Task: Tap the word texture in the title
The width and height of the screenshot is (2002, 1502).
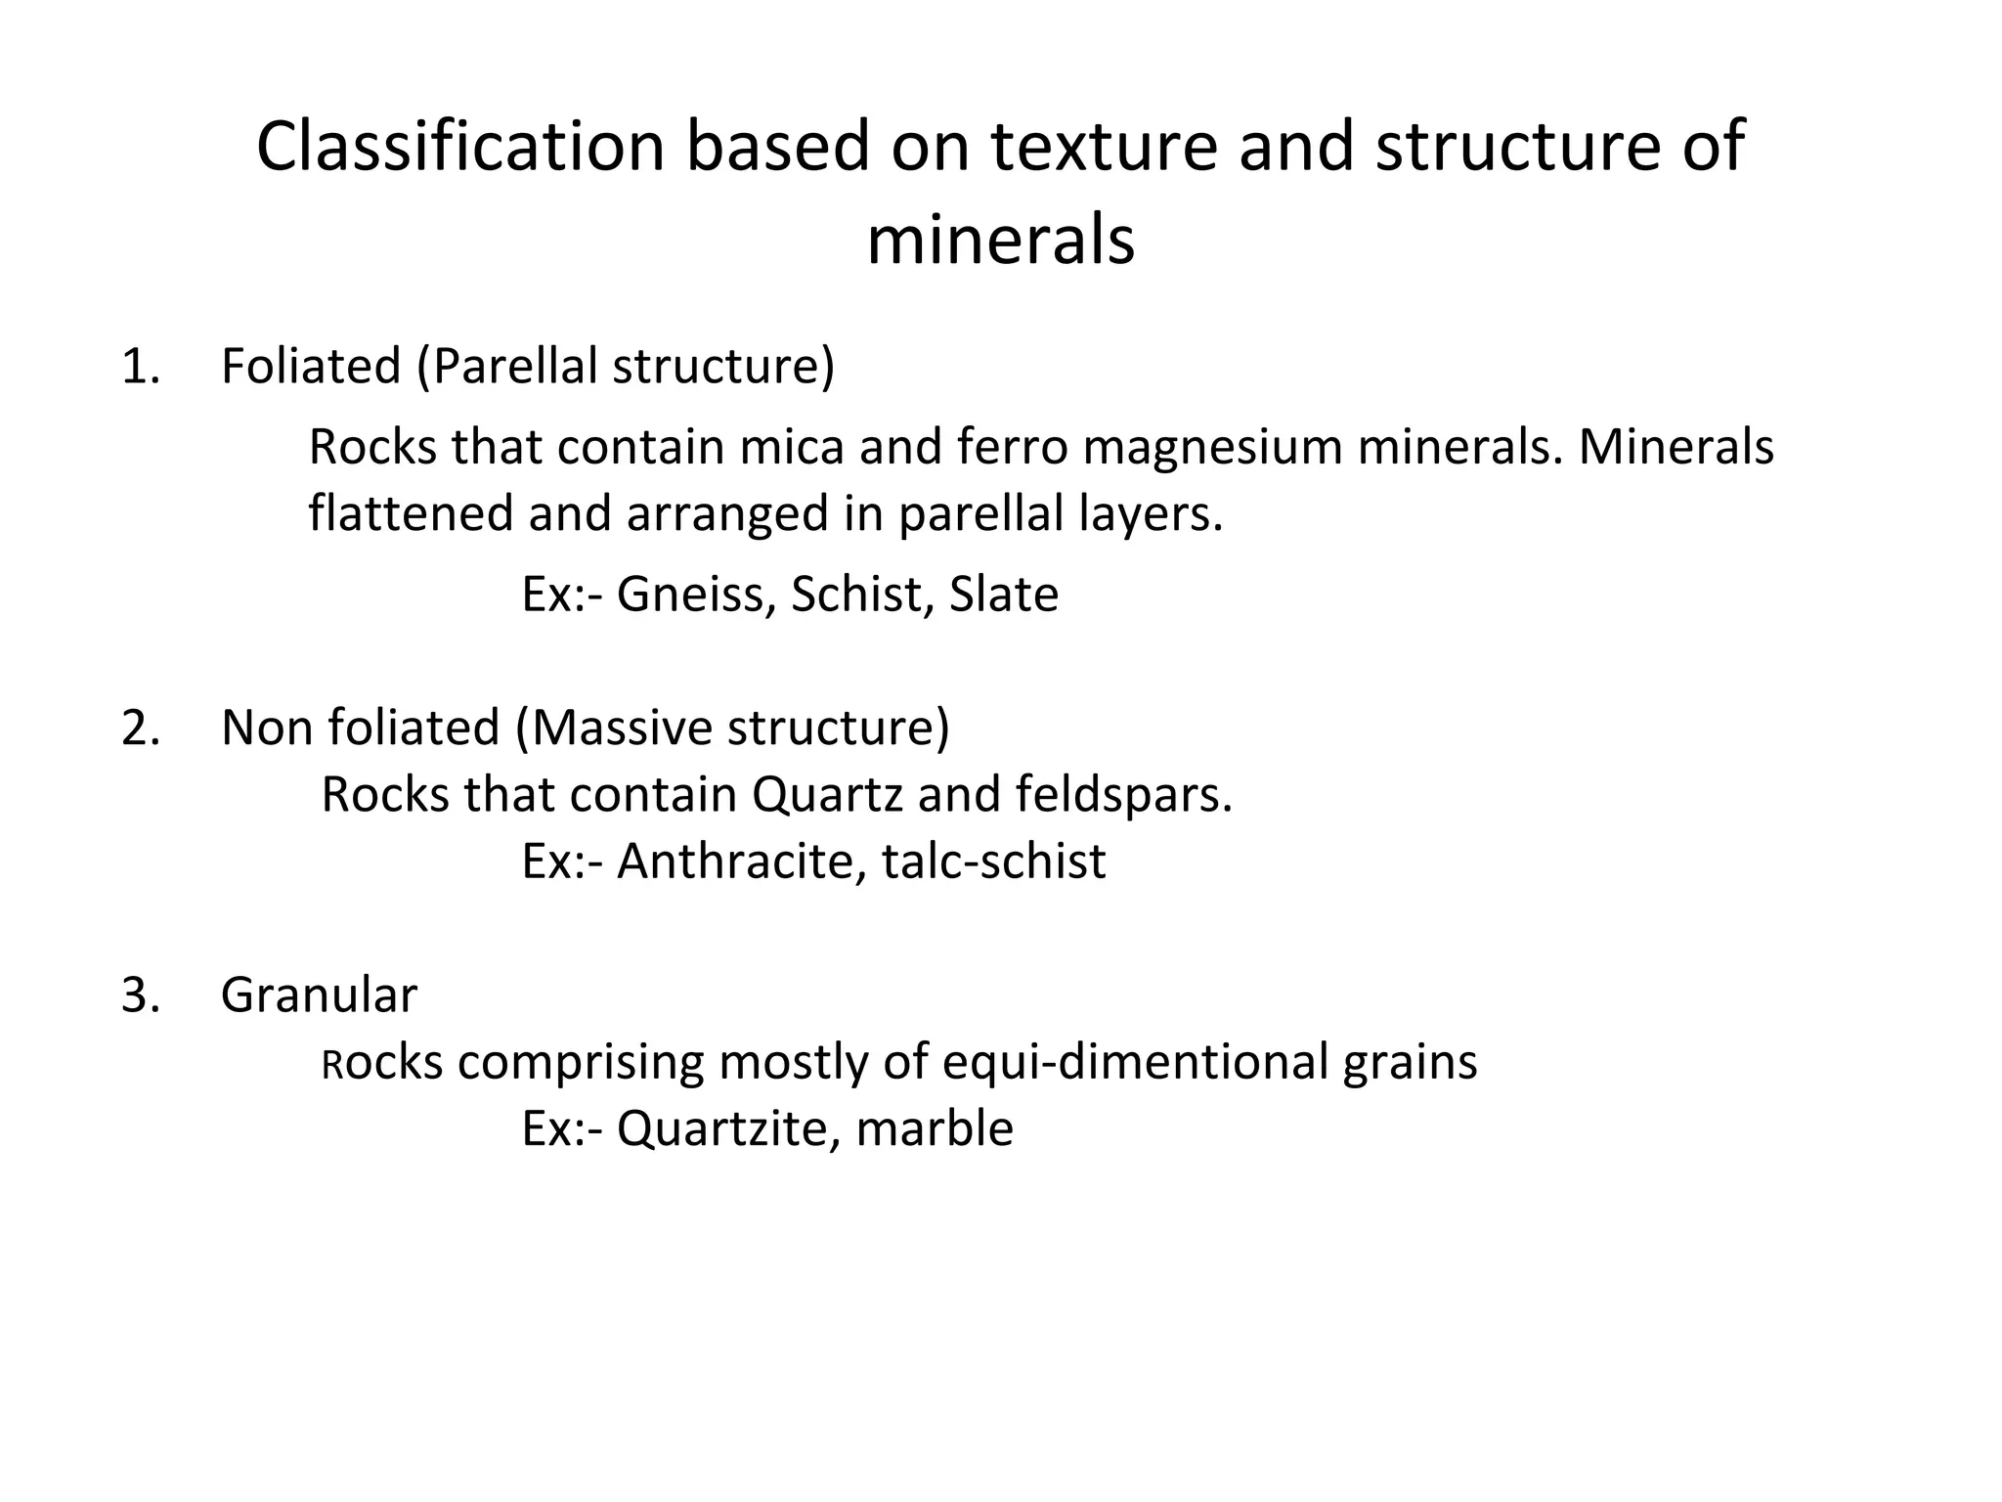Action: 1104,147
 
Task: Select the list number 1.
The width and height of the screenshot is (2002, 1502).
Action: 140,367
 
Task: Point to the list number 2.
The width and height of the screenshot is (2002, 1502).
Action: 140,729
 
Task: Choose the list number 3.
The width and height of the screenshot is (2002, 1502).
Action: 140,995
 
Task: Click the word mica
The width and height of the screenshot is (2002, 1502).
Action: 791,447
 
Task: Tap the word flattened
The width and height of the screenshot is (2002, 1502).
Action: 411,513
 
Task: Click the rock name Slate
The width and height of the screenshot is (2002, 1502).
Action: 1004,595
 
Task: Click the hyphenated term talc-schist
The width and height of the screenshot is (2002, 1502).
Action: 994,861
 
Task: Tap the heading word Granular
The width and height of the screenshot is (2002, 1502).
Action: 319,995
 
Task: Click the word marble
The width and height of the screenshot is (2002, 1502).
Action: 935,1129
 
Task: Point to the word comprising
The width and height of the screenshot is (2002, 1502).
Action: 580,1063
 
